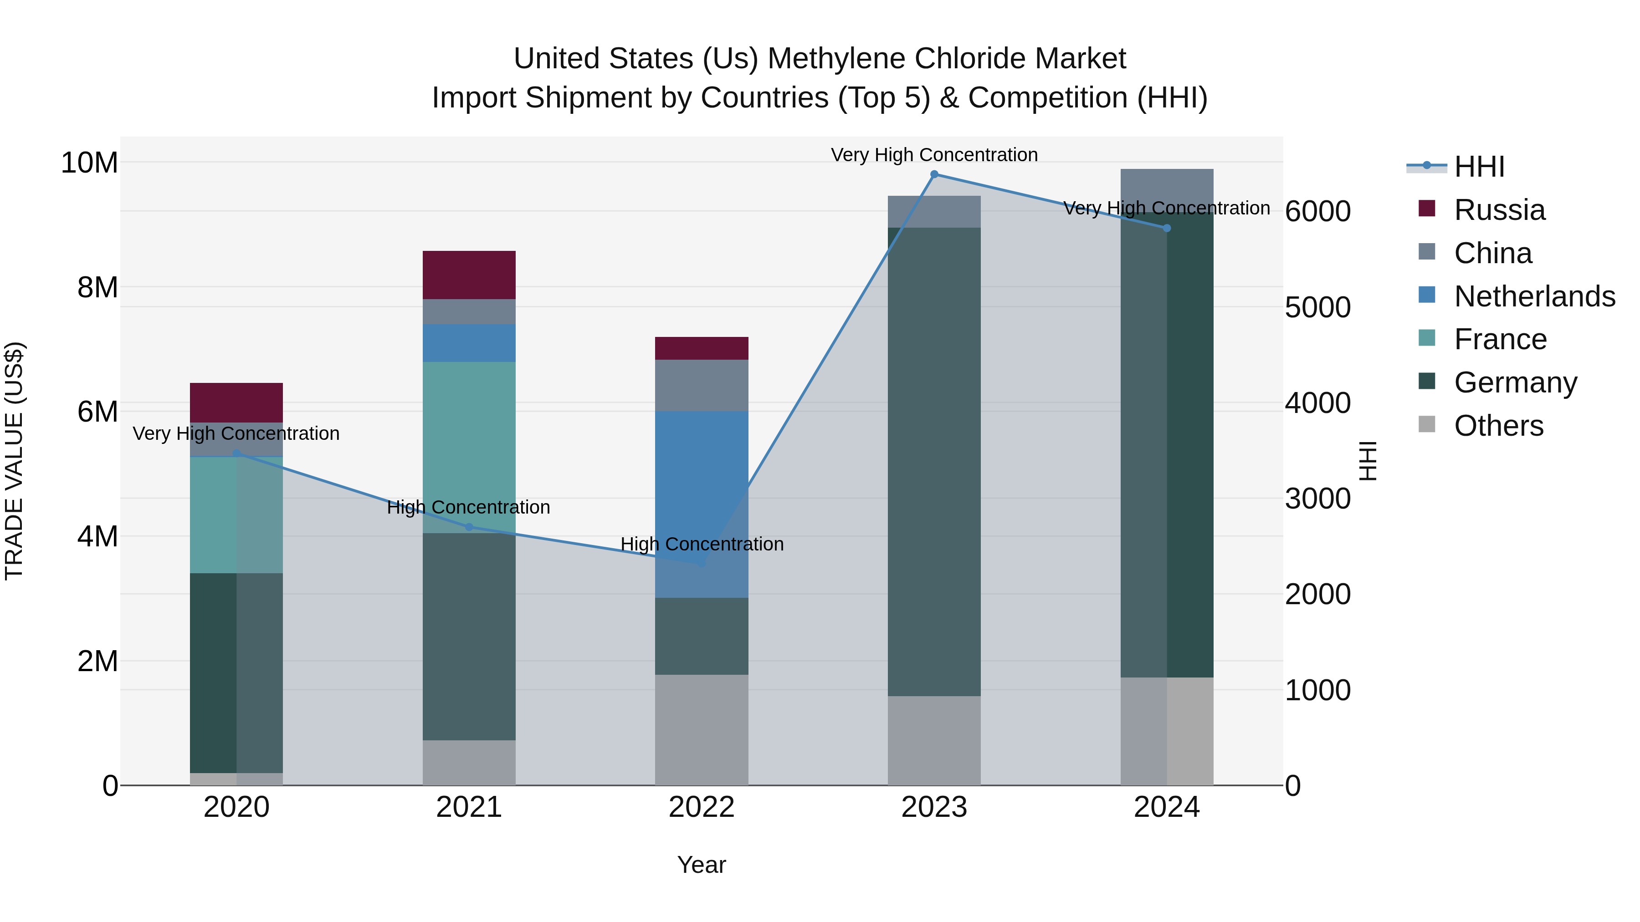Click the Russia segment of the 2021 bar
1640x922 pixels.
pyautogui.click(x=469, y=275)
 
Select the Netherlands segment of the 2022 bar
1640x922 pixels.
pyautogui.click(x=702, y=484)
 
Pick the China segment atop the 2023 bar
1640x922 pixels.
pyautogui.click(x=934, y=211)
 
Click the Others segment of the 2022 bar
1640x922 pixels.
pyautogui.click(x=702, y=730)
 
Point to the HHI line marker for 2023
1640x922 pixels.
pyautogui.click(x=934, y=174)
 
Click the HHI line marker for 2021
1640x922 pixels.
pyautogui.click(x=469, y=527)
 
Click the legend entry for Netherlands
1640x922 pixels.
pyautogui.click(x=1534, y=296)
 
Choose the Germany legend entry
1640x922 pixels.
pyautogui.click(x=1515, y=382)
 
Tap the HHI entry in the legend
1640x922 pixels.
pyautogui.click(x=1479, y=167)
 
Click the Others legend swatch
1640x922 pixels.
pyautogui.click(x=1427, y=424)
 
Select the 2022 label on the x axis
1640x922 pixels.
pyautogui.click(x=702, y=807)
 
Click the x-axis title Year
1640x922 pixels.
pyautogui.click(x=702, y=865)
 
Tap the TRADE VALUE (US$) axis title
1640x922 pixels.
pyautogui.click(x=14, y=461)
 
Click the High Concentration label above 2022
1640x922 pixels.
pyautogui.click(x=702, y=544)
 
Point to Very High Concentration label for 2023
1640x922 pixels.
pyautogui.click(x=934, y=155)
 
